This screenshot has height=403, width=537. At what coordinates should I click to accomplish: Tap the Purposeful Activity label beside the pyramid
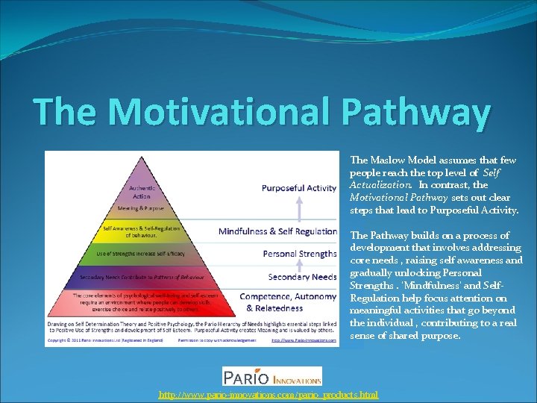(298, 188)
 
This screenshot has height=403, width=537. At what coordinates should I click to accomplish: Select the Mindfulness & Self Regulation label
(277, 231)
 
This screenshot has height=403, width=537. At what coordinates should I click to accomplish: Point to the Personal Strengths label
(300, 254)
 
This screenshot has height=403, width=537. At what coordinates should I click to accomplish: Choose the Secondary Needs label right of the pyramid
(302, 277)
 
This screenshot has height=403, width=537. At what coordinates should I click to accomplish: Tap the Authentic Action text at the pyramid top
(142, 192)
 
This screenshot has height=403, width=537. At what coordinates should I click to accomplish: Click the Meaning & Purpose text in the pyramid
(141, 208)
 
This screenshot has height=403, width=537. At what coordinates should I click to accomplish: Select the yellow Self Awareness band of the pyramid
(141, 231)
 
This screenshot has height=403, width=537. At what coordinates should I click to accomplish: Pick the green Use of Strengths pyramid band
(142, 254)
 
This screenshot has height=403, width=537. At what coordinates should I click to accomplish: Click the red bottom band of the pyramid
(142, 303)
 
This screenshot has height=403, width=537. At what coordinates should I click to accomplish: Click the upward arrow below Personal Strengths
(299, 266)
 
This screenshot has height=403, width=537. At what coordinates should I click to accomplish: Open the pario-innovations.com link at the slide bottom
(268, 394)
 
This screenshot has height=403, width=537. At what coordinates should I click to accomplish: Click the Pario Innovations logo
(273, 375)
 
